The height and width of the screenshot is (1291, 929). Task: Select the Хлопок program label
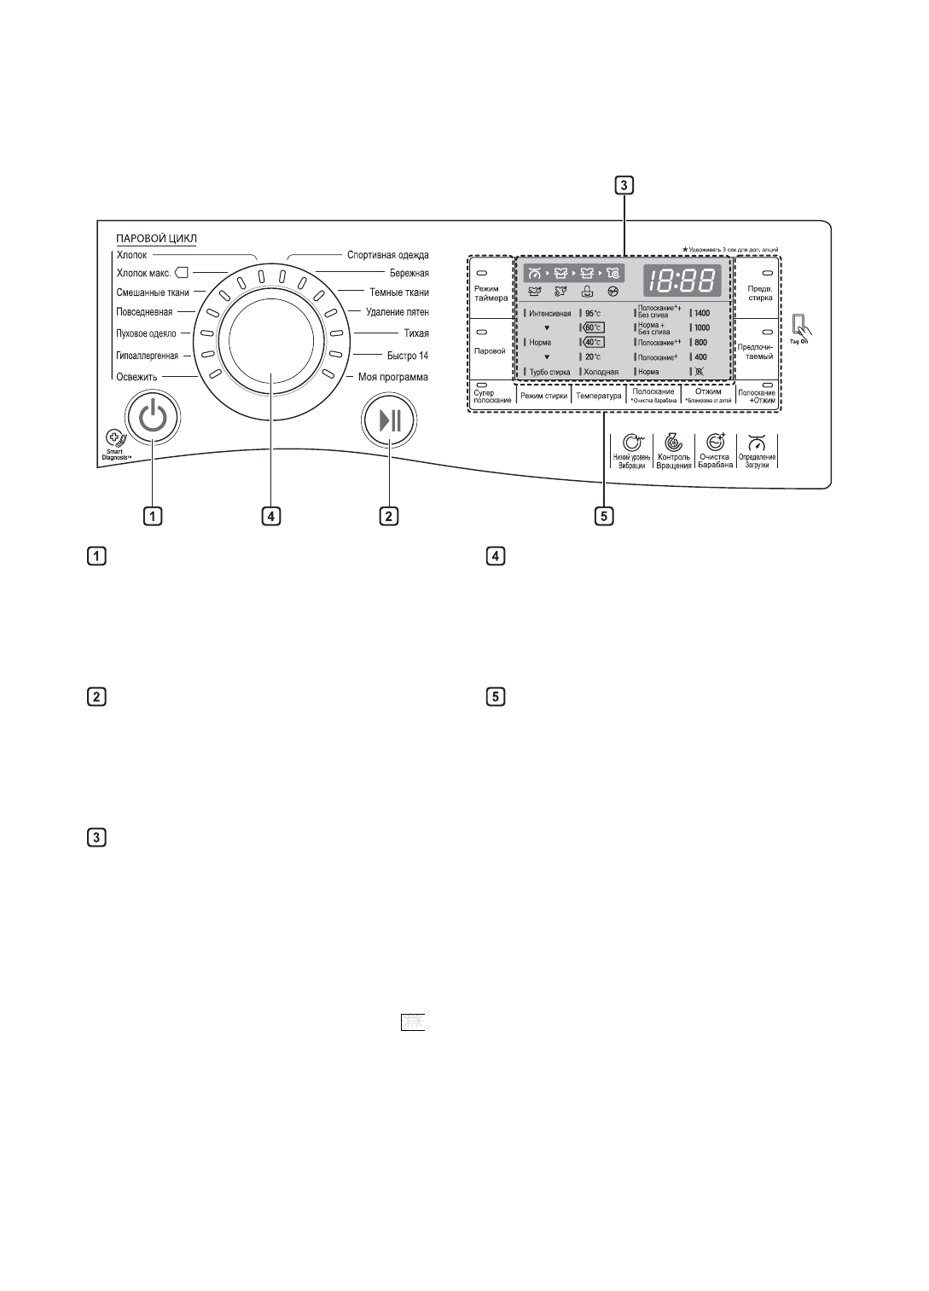click(131, 255)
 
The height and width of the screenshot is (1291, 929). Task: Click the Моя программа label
click(393, 377)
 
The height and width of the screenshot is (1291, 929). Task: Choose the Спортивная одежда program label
click(388, 255)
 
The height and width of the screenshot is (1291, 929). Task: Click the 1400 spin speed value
click(702, 313)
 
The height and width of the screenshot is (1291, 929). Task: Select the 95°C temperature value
click(594, 313)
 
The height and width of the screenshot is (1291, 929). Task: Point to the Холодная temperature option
click(601, 372)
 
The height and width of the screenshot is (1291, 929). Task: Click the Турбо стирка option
click(550, 372)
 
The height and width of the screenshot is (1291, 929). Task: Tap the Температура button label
click(599, 396)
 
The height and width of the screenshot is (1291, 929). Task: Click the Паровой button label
click(491, 350)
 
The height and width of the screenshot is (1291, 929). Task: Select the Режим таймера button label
click(491, 293)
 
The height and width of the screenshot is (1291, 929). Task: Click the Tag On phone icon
click(798, 324)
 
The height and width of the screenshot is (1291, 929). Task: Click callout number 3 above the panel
click(625, 184)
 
